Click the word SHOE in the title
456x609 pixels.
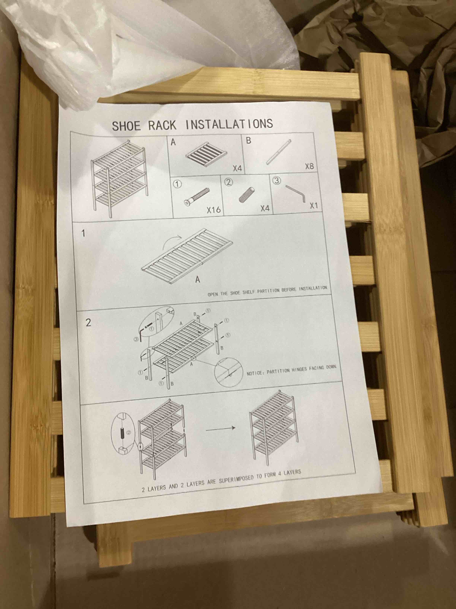(126, 126)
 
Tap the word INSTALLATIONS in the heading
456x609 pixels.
(229, 124)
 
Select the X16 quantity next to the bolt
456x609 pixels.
(214, 210)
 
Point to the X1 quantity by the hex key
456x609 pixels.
(314, 206)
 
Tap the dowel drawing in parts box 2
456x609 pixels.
(247, 195)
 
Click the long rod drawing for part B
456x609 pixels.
(278, 152)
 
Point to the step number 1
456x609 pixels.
(83, 233)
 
